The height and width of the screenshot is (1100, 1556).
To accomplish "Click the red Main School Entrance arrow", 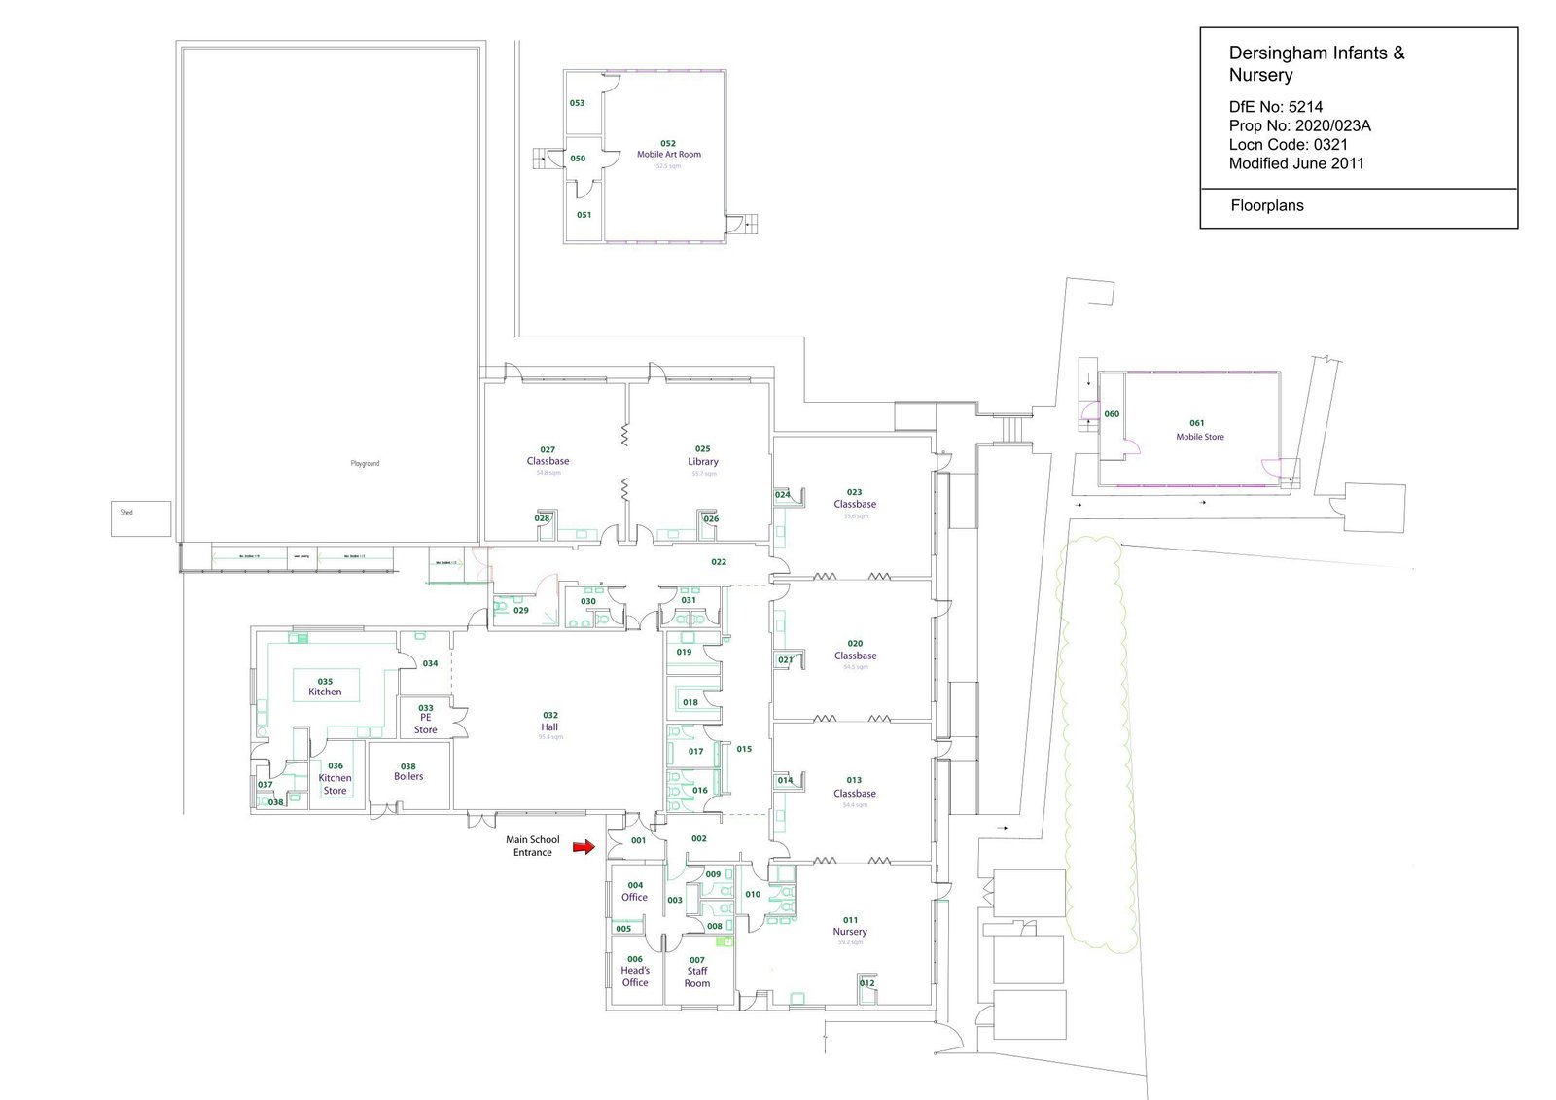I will (x=583, y=847).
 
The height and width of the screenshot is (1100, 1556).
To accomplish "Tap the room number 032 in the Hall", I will (x=550, y=715).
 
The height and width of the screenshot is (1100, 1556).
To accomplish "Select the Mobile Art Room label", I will (x=668, y=155).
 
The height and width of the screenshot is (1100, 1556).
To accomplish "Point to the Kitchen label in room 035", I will (x=325, y=692).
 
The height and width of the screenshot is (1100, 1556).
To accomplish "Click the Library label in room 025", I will (x=703, y=462).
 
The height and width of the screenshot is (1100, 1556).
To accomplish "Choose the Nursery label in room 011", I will (x=850, y=932).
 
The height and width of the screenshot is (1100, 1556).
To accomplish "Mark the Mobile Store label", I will (x=1200, y=437).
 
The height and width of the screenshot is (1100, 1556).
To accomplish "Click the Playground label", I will (x=365, y=464).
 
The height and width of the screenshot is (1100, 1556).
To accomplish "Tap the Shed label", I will (x=126, y=513).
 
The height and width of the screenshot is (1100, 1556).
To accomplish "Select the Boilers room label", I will (x=408, y=777).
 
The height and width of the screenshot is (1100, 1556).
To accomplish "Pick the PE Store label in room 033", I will (x=426, y=724).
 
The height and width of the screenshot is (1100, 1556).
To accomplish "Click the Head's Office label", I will (x=635, y=976).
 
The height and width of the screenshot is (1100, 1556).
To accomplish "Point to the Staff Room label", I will (x=697, y=977).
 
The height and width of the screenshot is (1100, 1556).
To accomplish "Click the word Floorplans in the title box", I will (x=1266, y=206).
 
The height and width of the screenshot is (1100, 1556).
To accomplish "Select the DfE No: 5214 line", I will (x=1275, y=107).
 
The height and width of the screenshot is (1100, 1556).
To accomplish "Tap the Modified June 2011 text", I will (x=1295, y=163).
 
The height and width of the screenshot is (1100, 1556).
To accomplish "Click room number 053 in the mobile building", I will (x=577, y=103).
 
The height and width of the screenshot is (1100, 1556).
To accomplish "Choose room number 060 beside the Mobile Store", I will (x=1112, y=414).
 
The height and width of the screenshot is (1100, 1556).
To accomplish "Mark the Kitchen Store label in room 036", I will (x=335, y=784).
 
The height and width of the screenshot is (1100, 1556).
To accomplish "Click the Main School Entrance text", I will (x=533, y=846).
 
